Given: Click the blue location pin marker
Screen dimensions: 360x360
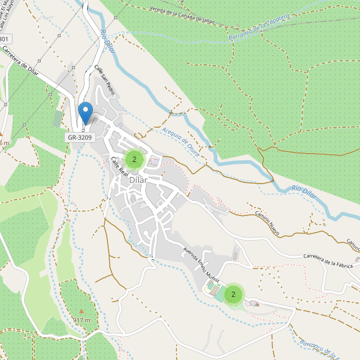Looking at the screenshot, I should (x=86, y=112).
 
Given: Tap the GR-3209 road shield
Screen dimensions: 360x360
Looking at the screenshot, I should (x=79, y=137).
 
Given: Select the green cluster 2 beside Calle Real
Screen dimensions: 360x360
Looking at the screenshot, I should (x=134, y=160).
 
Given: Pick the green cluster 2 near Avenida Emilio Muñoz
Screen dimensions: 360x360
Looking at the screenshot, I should (x=233, y=294).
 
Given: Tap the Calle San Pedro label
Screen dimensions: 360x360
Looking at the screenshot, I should (x=104, y=80).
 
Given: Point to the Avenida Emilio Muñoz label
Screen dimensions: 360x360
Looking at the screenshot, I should (x=201, y=267).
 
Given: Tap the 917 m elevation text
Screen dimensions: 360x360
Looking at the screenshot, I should (x=82, y=320).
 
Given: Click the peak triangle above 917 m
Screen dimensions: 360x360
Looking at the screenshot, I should (x=82, y=311).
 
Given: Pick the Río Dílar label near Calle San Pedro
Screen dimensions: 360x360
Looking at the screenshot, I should (x=107, y=44).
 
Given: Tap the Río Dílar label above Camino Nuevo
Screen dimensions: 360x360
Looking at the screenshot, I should (x=304, y=191).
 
